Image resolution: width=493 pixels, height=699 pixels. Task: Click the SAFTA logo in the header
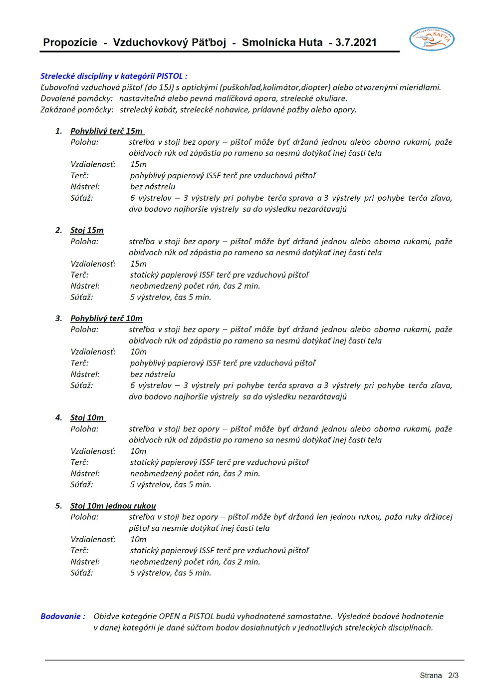point(432,39)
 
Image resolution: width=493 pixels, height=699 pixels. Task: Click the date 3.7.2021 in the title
point(356,42)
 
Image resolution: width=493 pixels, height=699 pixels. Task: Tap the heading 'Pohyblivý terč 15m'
point(106,131)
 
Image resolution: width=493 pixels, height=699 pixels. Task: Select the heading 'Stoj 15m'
point(87,230)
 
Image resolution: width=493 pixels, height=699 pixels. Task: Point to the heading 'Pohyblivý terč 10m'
point(106,318)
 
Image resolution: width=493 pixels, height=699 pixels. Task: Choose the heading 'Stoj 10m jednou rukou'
point(113,506)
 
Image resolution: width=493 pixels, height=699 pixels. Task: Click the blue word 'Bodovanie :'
point(63,616)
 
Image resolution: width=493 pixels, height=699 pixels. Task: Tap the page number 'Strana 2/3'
point(439,676)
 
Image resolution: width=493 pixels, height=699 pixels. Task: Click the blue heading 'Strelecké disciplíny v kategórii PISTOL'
point(113,76)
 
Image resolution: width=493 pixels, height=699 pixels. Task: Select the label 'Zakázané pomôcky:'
point(77,109)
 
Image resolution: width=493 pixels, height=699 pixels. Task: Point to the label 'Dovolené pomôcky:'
point(76,98)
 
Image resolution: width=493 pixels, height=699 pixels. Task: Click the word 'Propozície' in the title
point(70,42)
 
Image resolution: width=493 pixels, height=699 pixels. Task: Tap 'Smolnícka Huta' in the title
point(282,42)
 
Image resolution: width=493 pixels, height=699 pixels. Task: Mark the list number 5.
point(59,506)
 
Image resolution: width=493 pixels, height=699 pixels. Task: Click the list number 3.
point(59,318)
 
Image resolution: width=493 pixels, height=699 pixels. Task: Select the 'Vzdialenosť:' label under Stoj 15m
point(93,264)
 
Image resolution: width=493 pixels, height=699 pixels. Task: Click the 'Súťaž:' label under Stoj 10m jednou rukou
point(82,573)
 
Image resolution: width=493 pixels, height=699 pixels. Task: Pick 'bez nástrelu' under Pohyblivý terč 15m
point(153,186)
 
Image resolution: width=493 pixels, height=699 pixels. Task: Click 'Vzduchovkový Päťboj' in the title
point(170,42)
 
